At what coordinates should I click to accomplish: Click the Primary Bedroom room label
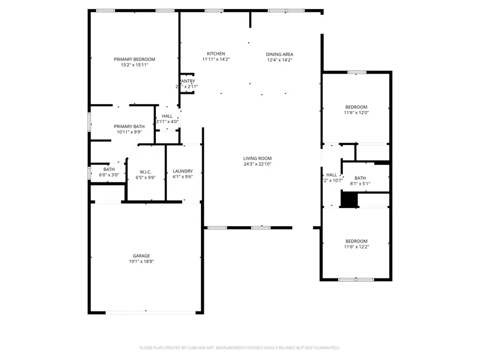click(134, 59)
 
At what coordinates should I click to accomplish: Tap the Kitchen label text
click(216, 54)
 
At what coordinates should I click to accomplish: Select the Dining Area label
click(280, 54)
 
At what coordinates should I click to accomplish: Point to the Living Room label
click(258, 158)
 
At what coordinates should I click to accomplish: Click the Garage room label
click(141, 256)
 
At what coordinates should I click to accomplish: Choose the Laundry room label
click(183, 171)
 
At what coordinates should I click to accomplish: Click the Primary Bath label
click(129, 126)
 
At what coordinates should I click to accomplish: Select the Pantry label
click(187, 81)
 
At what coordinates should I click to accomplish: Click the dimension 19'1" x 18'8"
click(141, 262)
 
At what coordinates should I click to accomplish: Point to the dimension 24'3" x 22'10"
click(258, 164)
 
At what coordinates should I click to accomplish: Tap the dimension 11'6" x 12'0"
click(356, 113)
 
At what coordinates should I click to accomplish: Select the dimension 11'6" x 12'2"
click(356, 247)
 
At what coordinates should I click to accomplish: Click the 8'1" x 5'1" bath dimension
click(360, 184)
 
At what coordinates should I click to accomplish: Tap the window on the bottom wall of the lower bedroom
click(356, 279)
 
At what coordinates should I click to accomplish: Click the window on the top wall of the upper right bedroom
click(356, 72)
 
